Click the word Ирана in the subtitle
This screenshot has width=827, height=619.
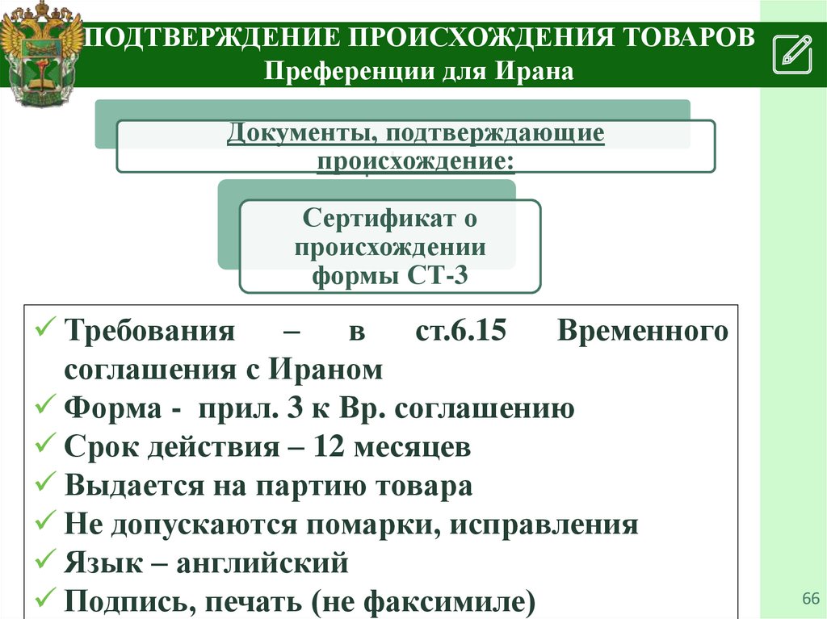tap(540, 73)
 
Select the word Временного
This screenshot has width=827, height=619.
tap(642, 332)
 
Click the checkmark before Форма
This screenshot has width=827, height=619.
tap(45, 408)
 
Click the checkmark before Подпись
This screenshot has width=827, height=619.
tap(45, 600)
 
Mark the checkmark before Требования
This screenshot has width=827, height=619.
tap(45, 331)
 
